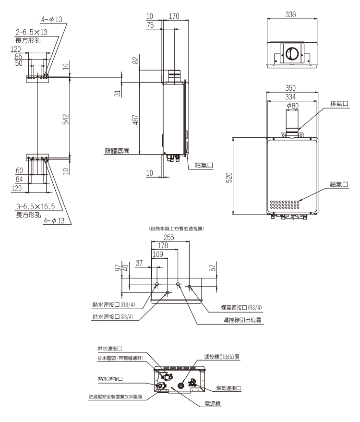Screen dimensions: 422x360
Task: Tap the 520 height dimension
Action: point(229,177)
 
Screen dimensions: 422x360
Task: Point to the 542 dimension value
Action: point(66,118)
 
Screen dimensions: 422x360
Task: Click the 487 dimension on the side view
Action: point(136,118)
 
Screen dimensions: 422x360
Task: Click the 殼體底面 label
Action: point(117,151)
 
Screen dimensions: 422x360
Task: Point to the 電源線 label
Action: point(212,404)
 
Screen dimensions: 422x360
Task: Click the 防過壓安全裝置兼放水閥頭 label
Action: point(118,397)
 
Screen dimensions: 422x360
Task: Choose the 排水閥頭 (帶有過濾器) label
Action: point(122,358)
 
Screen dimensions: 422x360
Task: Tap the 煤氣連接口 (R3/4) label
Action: point(238,308)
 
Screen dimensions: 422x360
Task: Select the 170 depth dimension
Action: point(174,16)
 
